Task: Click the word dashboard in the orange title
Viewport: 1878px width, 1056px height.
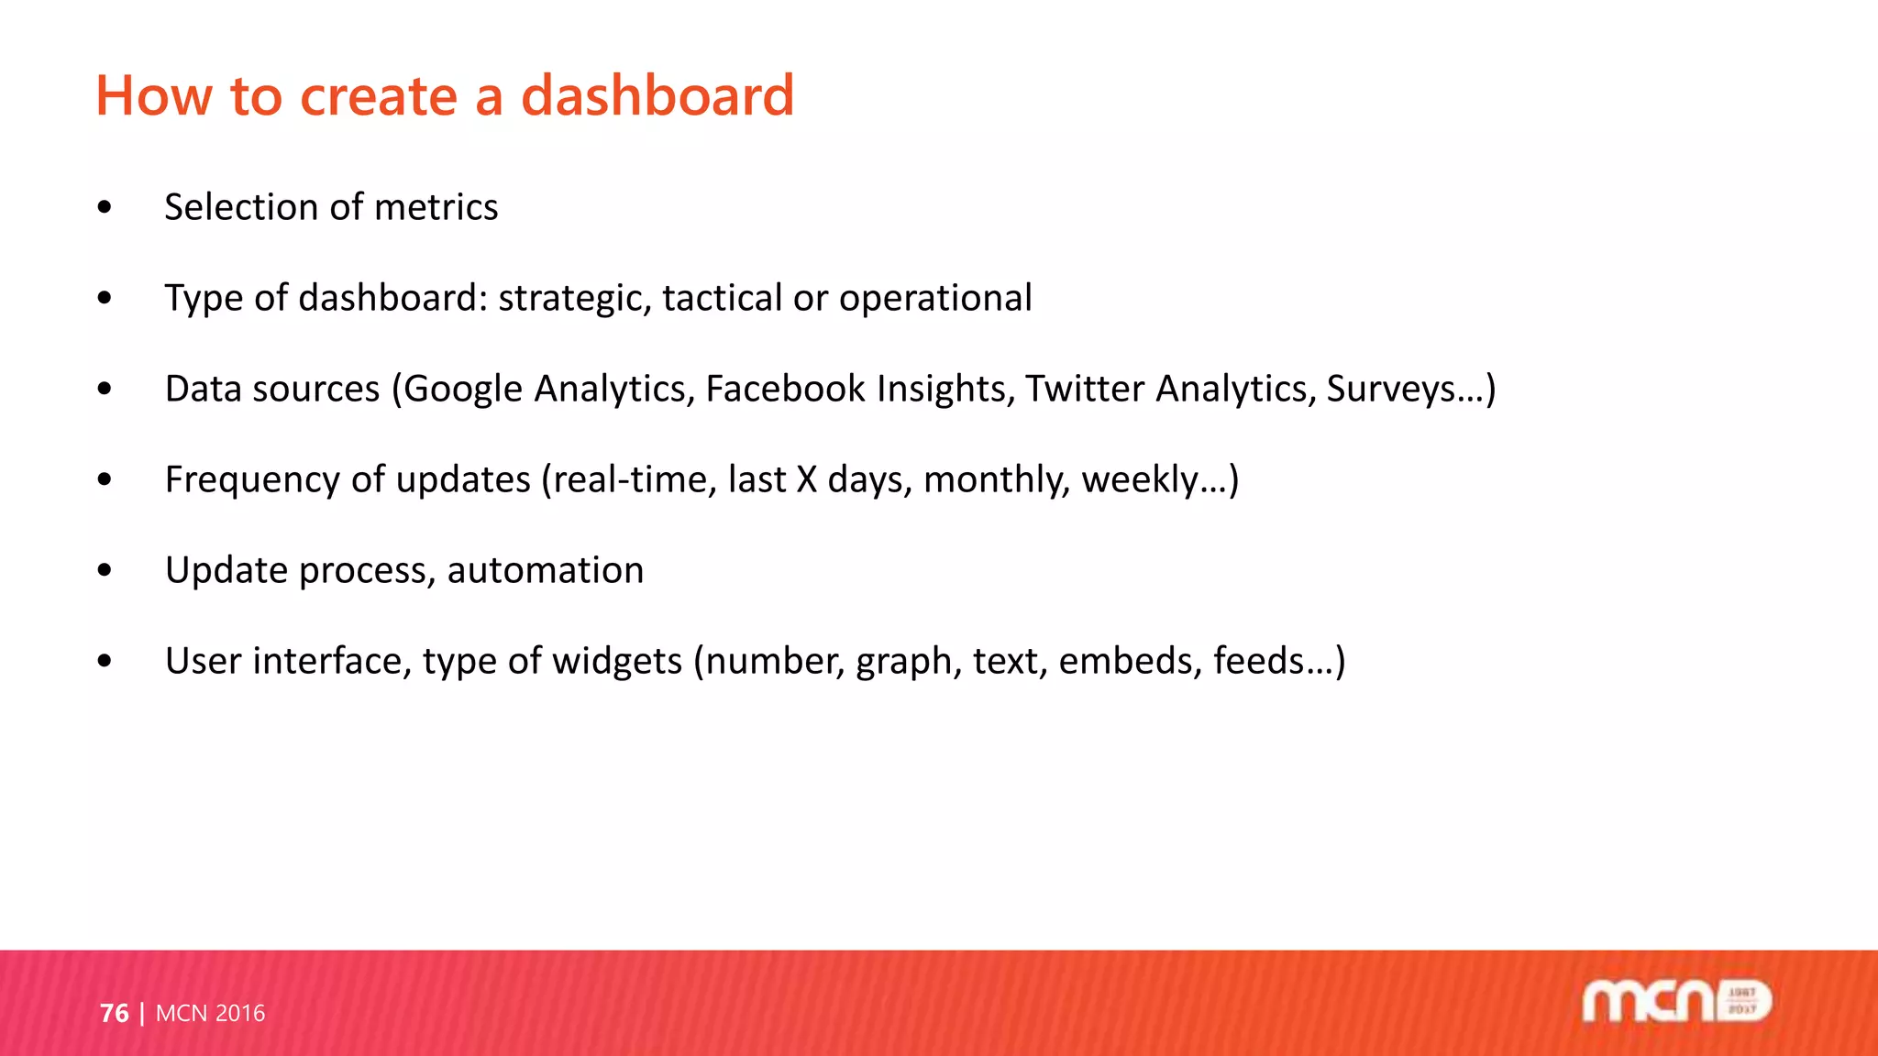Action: (657, 95)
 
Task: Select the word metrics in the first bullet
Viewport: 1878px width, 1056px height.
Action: (436, 207)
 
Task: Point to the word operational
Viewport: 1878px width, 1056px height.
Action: (934, 299)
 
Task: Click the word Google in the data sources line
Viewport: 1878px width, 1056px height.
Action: (463, 390)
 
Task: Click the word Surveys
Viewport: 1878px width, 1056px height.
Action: (1390, 390)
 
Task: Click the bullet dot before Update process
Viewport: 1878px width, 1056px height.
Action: (105, 570)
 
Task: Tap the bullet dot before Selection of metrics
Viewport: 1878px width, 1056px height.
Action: (105, 207)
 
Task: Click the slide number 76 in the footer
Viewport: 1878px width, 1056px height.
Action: (114, 1013)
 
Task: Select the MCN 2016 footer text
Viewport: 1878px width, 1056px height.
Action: (210, 1013)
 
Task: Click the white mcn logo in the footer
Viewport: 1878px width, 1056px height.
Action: (1675, 1001)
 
